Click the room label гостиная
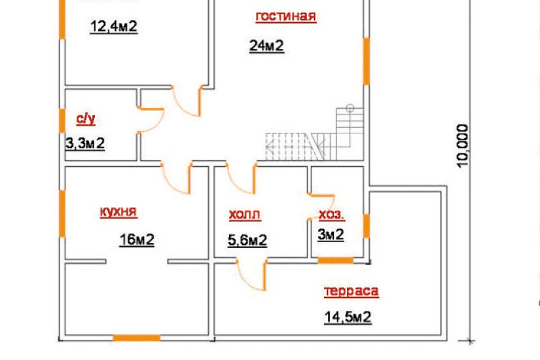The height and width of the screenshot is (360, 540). [x=286, y=16]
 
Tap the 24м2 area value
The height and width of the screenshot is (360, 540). [x=266, y=45]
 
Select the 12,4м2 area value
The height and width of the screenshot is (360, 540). [x=114, y=27]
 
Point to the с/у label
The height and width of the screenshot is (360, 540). [x=85, y=119]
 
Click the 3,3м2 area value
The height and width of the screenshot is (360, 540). [x=85, y=143]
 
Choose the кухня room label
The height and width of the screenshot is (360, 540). [x=118, y=211]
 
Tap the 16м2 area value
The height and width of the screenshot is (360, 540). [x=137, y=240]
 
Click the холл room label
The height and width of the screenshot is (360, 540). [x=245, y=214]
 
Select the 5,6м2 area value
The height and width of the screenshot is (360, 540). [x=247, y=240]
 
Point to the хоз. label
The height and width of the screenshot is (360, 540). [x=331, y=214]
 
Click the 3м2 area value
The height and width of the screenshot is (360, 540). [x=331, y=234]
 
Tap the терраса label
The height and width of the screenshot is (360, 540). [x=351, y=291]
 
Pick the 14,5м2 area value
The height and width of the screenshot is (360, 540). [x=348, y=317]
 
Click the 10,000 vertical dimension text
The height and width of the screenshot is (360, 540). [x=463, y=146]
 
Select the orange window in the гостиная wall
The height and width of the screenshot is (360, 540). [x=367, y=61]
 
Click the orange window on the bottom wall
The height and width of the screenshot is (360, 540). [x=137, y=338]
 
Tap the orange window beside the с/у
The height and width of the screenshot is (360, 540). [x=62, y=120]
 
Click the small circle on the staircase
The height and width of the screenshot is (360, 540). [x=350, y=108]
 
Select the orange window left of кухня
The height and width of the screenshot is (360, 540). [x=62, y=213]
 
